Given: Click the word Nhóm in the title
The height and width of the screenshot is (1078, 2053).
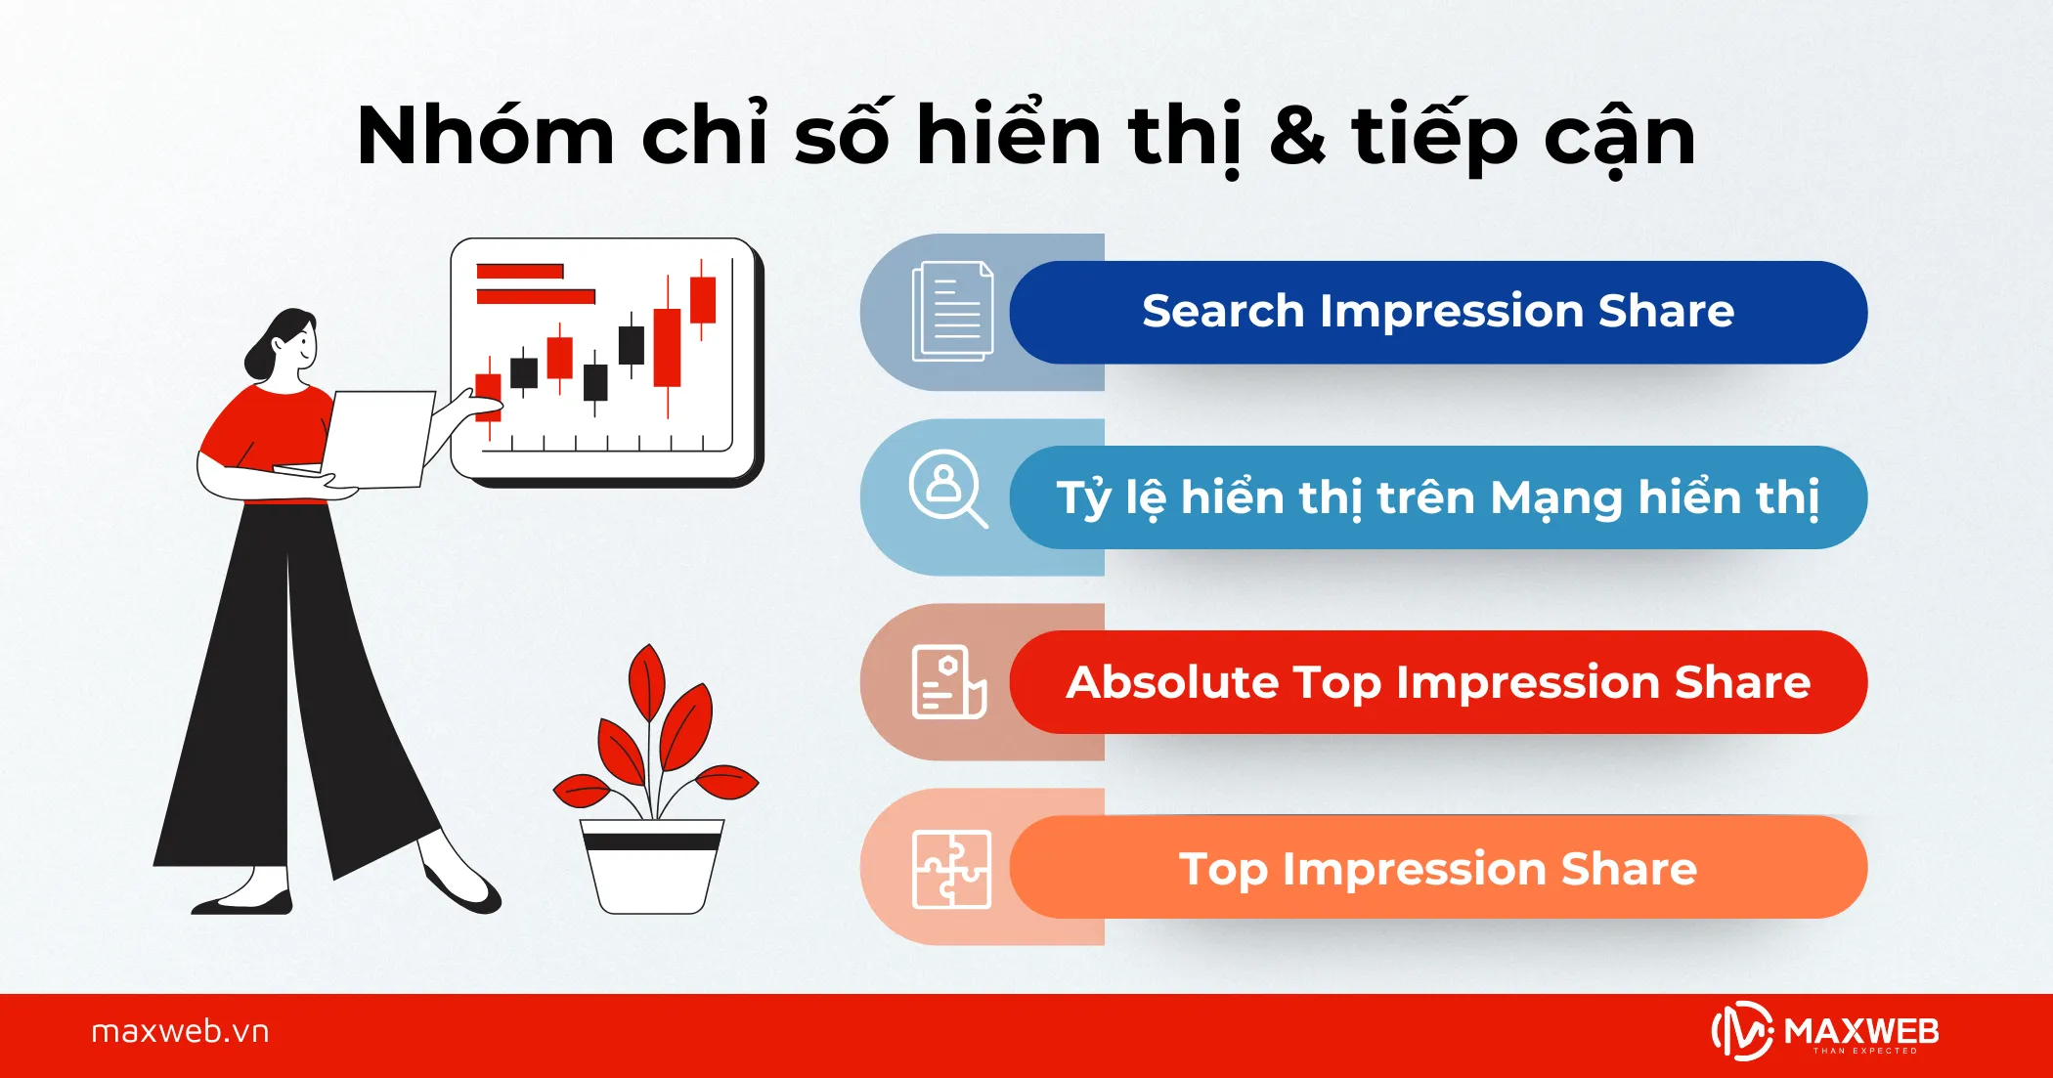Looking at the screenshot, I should [485, 137].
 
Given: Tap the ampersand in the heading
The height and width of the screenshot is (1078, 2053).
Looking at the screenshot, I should [1297, 137].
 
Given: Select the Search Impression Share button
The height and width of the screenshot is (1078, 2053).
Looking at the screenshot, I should [1437, 312].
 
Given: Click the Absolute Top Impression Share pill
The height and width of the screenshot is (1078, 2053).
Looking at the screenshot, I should [1437, 682].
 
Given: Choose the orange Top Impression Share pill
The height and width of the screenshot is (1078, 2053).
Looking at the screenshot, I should [1437, 868].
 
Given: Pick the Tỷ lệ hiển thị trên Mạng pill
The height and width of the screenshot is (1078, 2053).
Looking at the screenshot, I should [1437, 497].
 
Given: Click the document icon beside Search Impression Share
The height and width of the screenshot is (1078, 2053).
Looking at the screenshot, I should [951, 312].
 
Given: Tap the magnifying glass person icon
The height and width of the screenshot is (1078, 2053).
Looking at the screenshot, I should [947, 488].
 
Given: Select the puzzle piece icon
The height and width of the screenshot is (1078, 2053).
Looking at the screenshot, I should [951, 869].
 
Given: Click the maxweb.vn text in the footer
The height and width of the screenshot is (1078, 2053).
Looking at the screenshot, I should [180, 1032].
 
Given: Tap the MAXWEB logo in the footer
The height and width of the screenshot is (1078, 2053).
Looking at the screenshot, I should [1824, 1032].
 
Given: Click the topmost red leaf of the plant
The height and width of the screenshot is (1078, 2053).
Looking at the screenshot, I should [647, 681].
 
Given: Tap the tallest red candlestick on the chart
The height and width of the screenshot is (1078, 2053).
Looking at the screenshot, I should [668, 348].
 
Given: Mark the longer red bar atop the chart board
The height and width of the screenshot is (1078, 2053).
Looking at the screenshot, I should [536, 296].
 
